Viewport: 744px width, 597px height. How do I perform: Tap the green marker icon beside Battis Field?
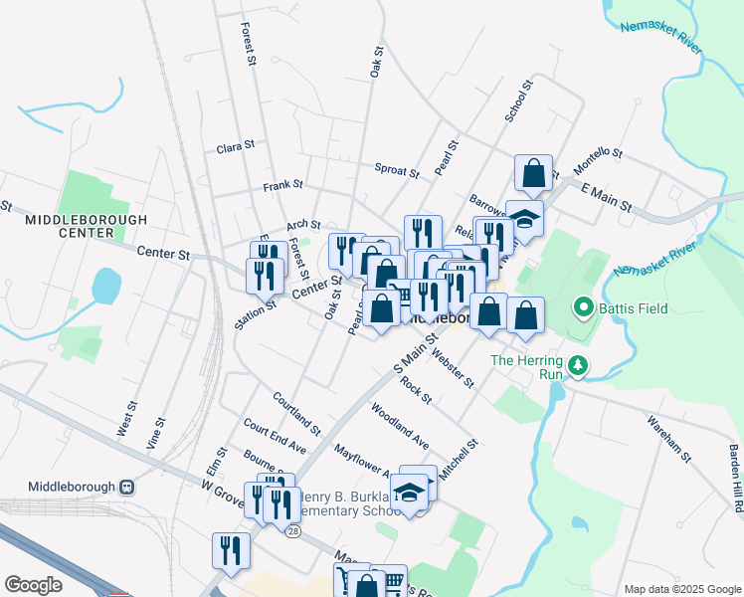coord(584,308)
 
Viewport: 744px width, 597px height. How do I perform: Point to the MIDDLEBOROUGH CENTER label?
coord(86,226)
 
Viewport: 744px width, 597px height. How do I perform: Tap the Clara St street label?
coord(236,147)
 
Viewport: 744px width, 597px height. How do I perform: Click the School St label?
coord(519,102)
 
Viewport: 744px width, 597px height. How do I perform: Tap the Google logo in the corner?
coord(33,585)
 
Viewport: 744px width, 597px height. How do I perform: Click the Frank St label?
coord(282,186)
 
